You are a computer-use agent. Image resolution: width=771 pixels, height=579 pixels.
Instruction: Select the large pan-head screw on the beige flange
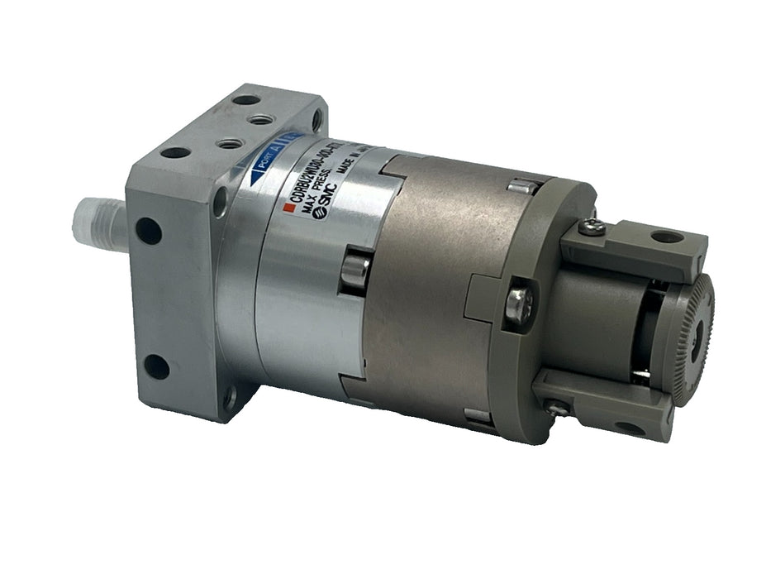(518, 301)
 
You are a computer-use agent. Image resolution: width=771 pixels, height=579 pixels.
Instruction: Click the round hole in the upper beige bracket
(665, 237)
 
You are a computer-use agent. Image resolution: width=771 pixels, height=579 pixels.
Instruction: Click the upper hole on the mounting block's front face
(149, 229)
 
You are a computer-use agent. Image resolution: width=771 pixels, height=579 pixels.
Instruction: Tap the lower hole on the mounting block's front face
(156, 365)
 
